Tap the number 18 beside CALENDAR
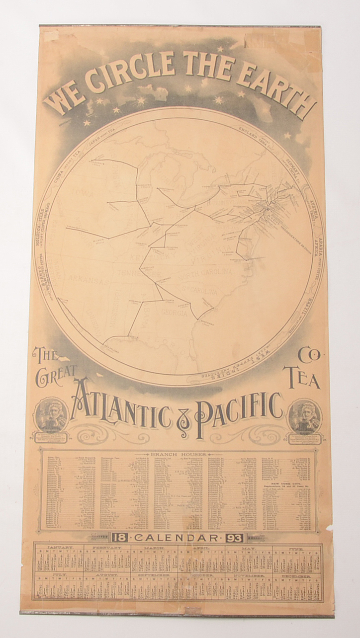(120, 537)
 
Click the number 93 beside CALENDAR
(233, 537)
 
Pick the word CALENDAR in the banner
(177, 537)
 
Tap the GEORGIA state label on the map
(174, 314)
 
